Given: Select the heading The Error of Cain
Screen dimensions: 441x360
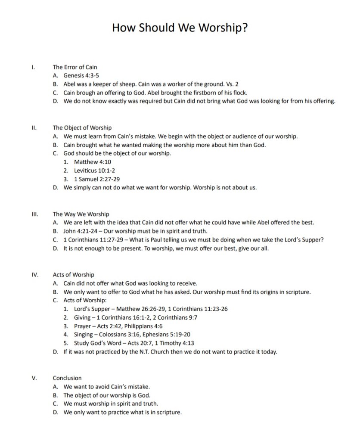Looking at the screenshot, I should point(75,67).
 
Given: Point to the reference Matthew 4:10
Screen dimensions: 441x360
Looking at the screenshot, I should point(93,162).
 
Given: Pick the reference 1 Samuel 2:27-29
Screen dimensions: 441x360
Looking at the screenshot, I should point(97,179).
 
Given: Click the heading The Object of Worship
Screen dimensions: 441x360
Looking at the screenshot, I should point(82,127).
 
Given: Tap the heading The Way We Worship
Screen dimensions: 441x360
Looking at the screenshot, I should point(81,214).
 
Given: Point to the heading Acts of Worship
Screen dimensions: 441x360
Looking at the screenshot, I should point(74,274).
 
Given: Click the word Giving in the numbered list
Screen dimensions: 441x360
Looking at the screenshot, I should point(82,317).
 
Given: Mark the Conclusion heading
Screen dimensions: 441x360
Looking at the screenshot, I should point(67,378).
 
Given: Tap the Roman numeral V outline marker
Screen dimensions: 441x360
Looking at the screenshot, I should point(34,378).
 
